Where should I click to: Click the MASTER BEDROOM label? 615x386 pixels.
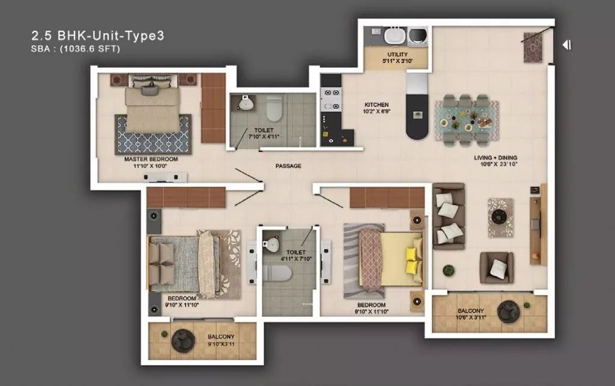point(151,159)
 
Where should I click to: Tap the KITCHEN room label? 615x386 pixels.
point(377,104)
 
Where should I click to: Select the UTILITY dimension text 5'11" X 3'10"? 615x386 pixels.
point(398,61)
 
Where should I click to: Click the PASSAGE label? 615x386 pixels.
point(288,166)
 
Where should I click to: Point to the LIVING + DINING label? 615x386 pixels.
point(495,157)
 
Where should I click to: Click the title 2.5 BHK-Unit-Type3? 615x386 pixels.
point(98,35)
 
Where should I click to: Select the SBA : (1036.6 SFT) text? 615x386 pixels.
point(75,49)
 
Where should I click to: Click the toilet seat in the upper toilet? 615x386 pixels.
point(274,109)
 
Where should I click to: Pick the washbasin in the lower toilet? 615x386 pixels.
point(271,244)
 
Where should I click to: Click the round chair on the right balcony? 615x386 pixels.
point(508,312)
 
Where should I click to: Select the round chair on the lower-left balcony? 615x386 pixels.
point(183,340)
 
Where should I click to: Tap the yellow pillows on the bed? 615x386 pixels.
point(412,260)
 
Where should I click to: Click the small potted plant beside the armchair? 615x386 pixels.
point(449,270)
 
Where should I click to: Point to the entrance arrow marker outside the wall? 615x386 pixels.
point(567,45)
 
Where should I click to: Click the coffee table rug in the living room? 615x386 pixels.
point(500,217)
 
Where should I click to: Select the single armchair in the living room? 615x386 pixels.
point(497,268)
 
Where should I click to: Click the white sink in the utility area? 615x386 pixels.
point(395,37)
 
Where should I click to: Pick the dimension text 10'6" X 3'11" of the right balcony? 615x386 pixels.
point(471,318)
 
